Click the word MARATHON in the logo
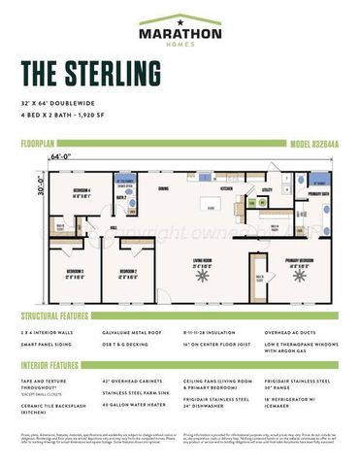[180, 33]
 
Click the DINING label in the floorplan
[164, 188]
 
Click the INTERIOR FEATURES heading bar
[49, 366]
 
